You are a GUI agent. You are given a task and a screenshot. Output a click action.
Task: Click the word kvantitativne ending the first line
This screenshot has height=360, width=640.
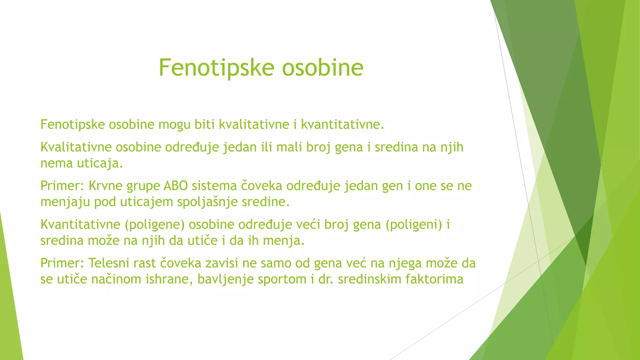point(342,125)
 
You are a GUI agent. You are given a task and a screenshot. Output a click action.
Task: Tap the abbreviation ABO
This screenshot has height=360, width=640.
point(175,186)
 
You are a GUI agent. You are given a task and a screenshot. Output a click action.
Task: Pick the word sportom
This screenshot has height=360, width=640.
point(282,279)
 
